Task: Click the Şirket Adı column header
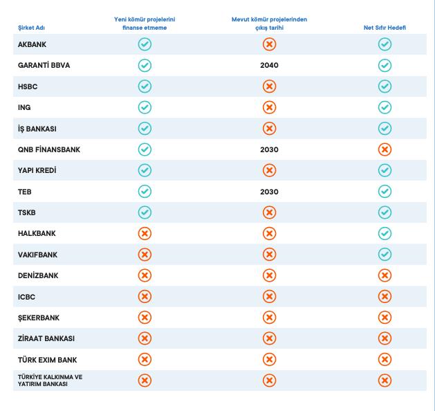pyautogui.click(x=30, y=28)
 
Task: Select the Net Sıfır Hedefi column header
pyautogui.click(x=385, y=28)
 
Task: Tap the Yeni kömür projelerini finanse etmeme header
pyautogui.click(x=145, y=24)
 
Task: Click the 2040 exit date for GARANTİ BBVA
pyautogui.click(x=269, y=66)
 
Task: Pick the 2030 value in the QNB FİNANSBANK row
pyautogui.click(x=269, y=149)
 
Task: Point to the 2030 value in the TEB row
pyautogui.click(x=269, y=192)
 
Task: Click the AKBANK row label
pyautogui.click(x=33, y=44)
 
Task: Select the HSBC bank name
pyautogui.click(x=28, y=86)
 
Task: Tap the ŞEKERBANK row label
pyautogui.click(x=39, y=318)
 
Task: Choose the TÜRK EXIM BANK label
pyautogui.click(x=47, y=360)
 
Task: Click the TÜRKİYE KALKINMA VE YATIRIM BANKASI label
pyautogui.click(x=50, y=381)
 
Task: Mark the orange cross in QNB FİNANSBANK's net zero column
pyautogui.click(x=385, y=149)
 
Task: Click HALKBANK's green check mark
pyautogui.click(x=385, y=234)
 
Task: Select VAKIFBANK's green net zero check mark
pyautogui.click(x=385, y=255)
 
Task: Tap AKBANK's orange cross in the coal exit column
pyautogui.click(x=269, y=44)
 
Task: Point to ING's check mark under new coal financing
pyautogui.click(x=145, y=107)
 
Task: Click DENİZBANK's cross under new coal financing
pyautogui.click(x=145, y=275)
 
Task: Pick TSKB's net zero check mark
pyautogui.click(x=385, y=212)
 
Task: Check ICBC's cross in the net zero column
pyautogui.click(x=385, y=297)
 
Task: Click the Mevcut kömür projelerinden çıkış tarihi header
pyautogui.click(x=269, y=24)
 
